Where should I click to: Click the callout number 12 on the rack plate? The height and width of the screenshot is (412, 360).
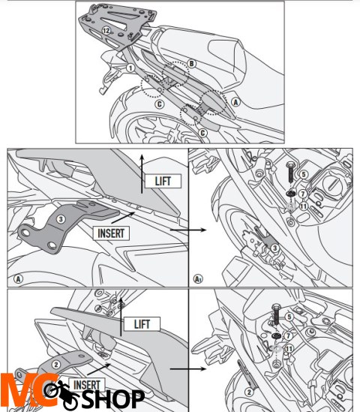point(107,30)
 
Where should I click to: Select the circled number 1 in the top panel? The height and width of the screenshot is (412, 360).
point(130,68)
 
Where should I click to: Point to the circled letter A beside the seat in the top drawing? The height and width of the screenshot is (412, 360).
point(235,101)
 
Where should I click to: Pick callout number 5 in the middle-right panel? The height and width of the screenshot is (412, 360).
point(304,175)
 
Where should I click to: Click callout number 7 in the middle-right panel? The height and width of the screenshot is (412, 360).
point(303,194)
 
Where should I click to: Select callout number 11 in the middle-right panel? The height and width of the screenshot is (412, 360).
point(303,206)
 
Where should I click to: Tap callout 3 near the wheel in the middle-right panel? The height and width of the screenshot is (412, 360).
point(275,248)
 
